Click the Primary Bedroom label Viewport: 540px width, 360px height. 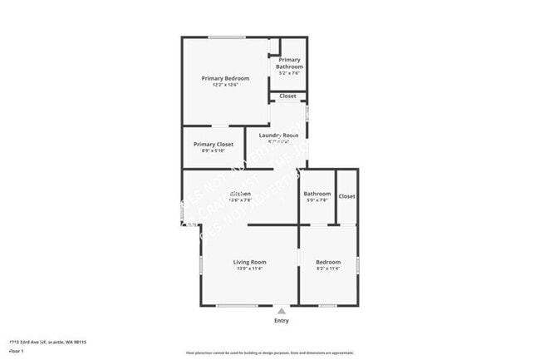click(225, 78)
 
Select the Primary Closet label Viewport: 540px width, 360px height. click(214, 144)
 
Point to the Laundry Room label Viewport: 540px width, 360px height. click(278, 135)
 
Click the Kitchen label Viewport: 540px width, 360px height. click(240, 194)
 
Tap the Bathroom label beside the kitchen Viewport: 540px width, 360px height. click(317, 194)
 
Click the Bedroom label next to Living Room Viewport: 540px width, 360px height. click(328, 262)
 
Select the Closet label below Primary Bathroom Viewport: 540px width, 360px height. click(287, 96)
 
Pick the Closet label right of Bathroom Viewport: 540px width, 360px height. click(346, 196)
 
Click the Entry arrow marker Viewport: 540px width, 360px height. click(281, 311)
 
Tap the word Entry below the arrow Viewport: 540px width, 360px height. click(282, 320)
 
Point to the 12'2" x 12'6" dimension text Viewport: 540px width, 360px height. click(225, 85)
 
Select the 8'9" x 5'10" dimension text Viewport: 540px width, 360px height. click(214, 150)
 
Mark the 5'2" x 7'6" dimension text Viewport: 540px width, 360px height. click(290, 73)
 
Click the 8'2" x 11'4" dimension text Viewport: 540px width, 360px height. click(328, 269)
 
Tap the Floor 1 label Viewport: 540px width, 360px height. click(16, 350)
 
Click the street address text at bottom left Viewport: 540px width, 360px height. click(47, 342)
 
